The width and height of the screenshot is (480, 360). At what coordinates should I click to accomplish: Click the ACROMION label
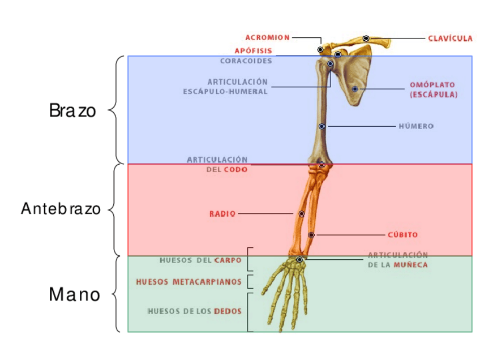(x=267, y=38)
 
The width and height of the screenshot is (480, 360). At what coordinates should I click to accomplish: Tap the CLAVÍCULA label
(x=450, y=38)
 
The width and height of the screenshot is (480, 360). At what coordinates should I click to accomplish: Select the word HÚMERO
(x=416, y=126)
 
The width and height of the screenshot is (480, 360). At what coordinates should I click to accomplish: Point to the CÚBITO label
(x=402, y=234)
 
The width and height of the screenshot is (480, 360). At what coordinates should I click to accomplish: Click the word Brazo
(x=72, y=110)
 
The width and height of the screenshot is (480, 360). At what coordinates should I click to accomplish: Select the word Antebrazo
(x=61, y=209)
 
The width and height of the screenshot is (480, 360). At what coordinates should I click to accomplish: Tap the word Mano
(x=74, y=294)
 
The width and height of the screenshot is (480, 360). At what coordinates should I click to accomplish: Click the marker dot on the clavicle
(x=366, y=38)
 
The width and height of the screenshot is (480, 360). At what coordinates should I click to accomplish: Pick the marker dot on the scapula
(x=355, y=89)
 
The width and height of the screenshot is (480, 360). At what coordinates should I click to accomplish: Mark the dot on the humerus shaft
(x=322, y=126)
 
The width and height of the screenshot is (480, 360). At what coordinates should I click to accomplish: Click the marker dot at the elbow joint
(x=322, y=165)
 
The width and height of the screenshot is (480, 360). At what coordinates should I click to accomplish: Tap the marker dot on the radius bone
(x=302, y=214)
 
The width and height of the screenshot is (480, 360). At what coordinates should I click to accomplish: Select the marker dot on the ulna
(x=311, y=234)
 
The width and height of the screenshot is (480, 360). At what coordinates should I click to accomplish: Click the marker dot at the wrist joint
(x=299, y=259)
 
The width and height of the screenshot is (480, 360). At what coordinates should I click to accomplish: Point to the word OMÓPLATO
(x=432, y=85)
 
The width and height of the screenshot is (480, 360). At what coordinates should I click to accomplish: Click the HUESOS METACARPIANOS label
(x=188, y=281)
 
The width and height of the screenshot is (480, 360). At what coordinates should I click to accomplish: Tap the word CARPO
(x=228, y=261)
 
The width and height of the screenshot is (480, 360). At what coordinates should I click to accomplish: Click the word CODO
(x=235, y=169)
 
